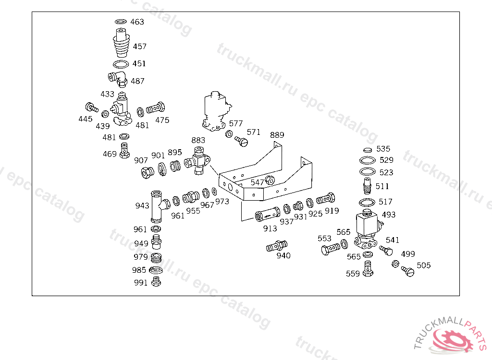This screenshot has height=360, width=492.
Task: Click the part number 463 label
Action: point(137,22)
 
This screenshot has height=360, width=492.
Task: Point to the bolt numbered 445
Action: point(92,108)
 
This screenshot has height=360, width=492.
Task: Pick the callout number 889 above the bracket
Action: point(277,135)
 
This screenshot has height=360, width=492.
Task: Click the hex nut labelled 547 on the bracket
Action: point(270,180)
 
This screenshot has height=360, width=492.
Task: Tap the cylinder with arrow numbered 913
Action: point(268,215)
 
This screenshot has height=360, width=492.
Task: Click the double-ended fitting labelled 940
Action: point(276,246)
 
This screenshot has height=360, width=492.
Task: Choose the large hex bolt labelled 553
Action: point(331,249)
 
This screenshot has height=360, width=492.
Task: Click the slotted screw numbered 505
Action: point(407,271)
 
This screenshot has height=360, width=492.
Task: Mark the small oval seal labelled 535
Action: point(368,150)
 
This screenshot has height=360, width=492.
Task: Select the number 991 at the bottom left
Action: point(141,283)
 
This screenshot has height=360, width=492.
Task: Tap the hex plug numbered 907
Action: point(148,172)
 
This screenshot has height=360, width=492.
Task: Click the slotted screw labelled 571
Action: point(242,142)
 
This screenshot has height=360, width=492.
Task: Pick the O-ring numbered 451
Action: point(121,64)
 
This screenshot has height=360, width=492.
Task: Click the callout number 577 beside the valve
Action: point(235,123)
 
